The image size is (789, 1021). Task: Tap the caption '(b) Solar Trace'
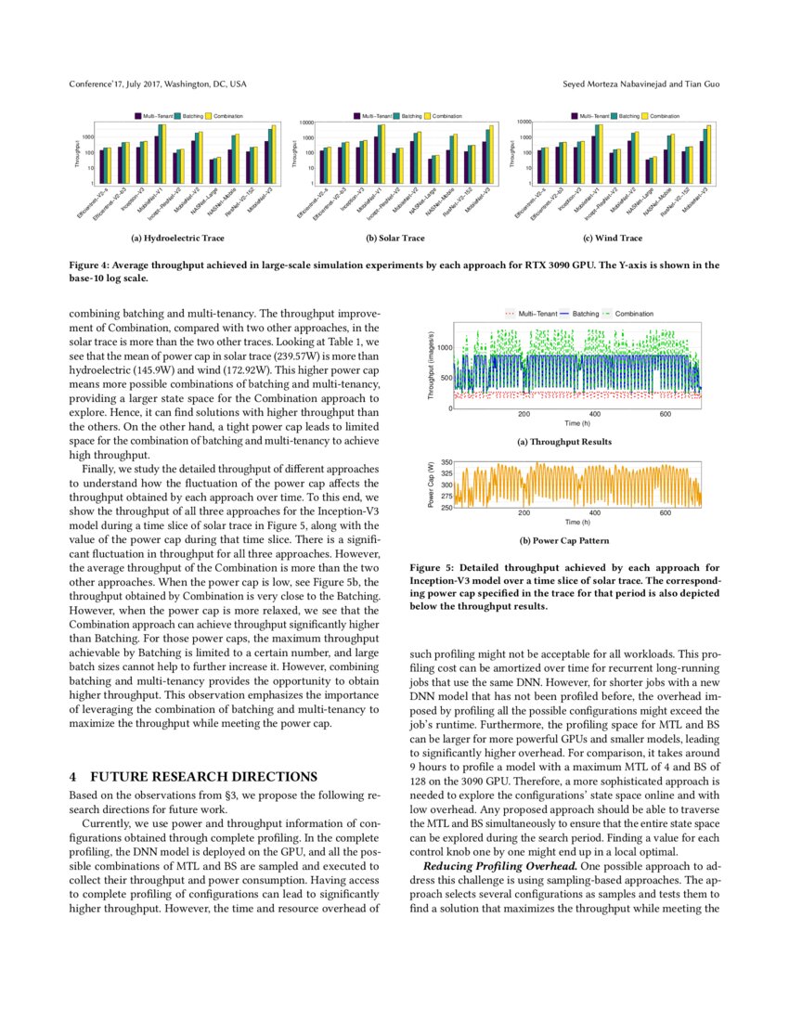click(x=394, y=239)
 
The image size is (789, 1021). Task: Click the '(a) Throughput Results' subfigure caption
click(x=564, y=442)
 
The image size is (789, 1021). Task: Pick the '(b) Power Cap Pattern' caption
click(x=564, y=539)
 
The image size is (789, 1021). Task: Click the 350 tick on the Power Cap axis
click(x=446, y=462)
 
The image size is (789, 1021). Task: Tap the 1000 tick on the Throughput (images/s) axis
click(x=444, y=347)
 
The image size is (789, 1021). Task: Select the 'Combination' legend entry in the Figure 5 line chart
click(x=633, y=314)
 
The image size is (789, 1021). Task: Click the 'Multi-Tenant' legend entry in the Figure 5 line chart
click(x=533, y=314)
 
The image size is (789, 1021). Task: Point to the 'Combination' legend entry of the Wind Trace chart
click(x=664, y=116)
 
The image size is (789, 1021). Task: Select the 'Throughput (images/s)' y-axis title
click(x=431, y=366)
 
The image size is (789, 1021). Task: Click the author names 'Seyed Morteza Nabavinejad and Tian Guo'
click(x=640, y=84)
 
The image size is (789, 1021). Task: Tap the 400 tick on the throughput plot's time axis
click(x=595, y=415)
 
